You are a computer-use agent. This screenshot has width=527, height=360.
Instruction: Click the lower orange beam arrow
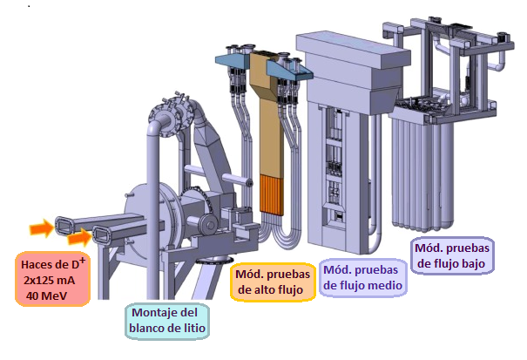(x=79, y=236)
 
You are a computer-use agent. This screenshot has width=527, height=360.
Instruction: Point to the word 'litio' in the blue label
(x=190, y=329)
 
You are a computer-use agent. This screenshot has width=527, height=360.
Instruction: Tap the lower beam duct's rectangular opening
(x=101, y=234)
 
